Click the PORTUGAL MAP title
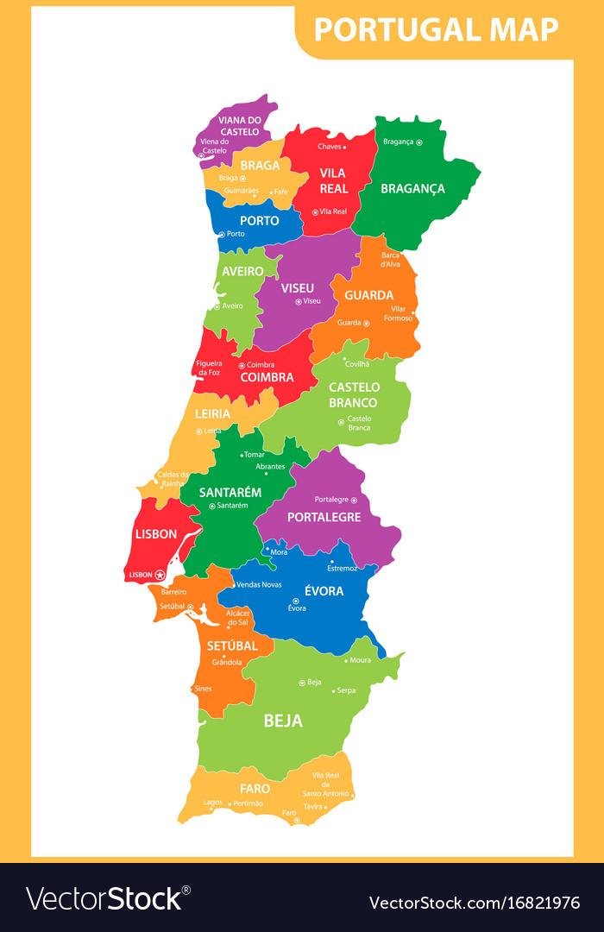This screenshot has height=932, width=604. pos(436,29)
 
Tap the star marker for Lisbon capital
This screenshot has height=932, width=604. pos(160,575)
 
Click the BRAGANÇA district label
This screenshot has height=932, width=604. pos(412,188)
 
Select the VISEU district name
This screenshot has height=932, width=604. pos(297,287)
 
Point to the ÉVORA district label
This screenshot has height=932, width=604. pos(324,591)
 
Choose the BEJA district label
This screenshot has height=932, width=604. pos(283,721)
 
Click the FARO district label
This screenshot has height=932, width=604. pos(255,788)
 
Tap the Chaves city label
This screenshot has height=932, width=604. pos(330,148)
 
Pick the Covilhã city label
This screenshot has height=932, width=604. pos(356,364)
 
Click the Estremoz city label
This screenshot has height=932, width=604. pos(342,568)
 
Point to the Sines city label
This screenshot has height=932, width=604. pos(203,689)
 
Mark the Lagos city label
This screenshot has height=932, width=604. pos(212,803)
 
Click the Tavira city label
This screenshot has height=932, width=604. pos(312,807)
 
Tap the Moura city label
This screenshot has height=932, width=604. pos(360,660)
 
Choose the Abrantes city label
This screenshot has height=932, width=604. pos(270,466)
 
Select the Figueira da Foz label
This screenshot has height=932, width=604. pos(208,368)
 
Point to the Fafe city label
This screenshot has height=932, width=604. pos(280,192)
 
